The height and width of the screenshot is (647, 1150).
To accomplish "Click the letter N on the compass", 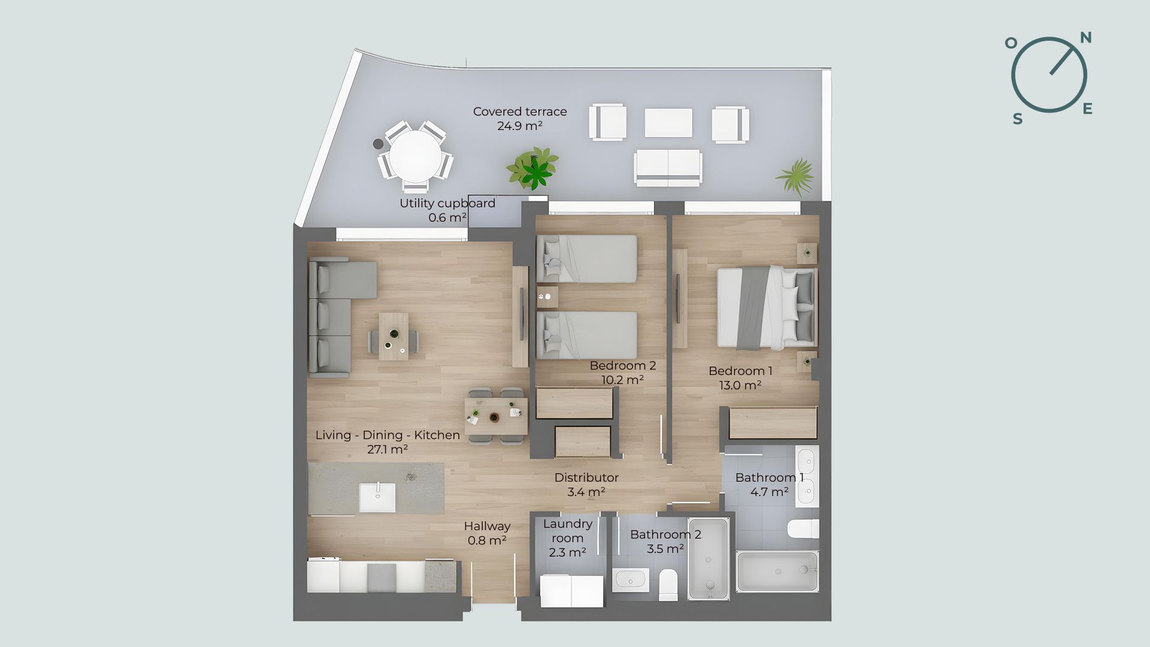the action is pos(1086,38).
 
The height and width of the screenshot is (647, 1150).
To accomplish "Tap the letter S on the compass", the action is pos(1018,119).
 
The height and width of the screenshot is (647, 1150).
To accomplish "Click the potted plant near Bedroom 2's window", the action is pos(532,168).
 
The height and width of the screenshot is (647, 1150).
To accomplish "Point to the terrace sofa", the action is pos(668,167).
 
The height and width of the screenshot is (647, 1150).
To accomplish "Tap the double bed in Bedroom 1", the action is pos(767,308).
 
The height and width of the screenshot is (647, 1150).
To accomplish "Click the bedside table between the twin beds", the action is pos(547,297).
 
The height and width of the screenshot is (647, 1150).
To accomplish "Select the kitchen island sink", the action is pos(377,498).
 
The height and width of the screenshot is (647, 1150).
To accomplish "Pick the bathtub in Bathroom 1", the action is pos(777,571).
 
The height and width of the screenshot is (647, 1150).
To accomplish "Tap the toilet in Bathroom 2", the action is pos(668,584).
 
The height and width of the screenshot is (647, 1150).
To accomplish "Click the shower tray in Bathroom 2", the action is pos(709,559).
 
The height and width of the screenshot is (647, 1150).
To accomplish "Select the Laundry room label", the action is pos(567,538).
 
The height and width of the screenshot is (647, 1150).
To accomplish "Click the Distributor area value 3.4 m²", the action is pos(586,492).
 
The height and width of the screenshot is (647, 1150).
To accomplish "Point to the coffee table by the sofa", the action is pos(394,336).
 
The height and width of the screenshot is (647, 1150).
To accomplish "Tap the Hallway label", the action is pos(487,526).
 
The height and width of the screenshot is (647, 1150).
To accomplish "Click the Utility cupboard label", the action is pos(447,203).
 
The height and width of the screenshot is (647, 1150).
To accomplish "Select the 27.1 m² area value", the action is pos(388,449).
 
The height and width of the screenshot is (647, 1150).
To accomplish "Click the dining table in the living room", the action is pos(496,416).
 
